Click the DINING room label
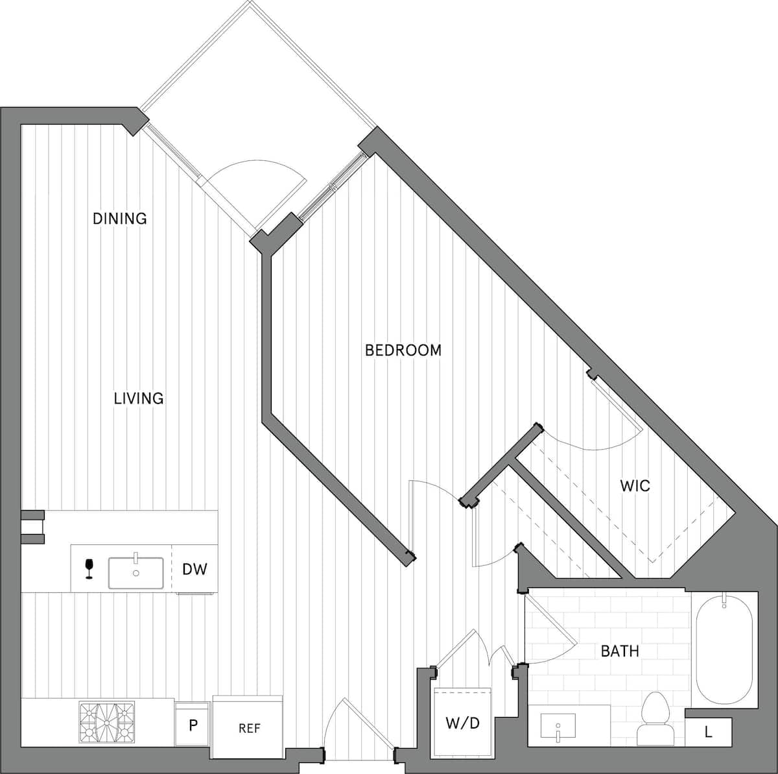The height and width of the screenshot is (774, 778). click(120, 219)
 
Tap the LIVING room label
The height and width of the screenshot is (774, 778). click(139, 398)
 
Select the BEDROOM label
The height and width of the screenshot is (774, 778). click(403, 350)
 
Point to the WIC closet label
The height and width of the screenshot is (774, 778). click(635, 485)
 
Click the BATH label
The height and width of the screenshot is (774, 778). click(620, 651)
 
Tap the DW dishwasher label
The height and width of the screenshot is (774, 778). click(194, 570)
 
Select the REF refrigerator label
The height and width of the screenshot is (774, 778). click(249, 729)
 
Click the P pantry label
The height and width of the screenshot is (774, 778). click(193, 725)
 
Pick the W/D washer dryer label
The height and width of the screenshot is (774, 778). click(463, 723)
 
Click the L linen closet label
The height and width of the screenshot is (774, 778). click(708, 733)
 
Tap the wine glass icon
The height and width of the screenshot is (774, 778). click(89, 568)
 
